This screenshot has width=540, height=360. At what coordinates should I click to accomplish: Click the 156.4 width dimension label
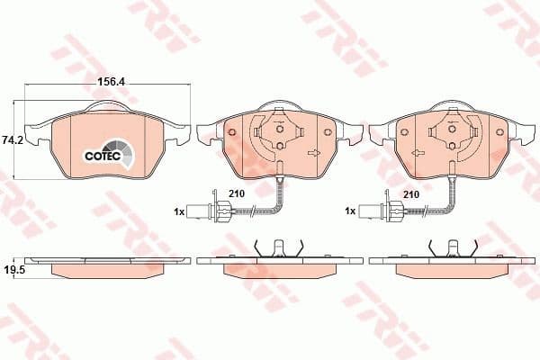(x=110, y=80)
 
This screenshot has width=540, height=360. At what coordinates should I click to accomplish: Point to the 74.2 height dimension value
(x=12, y=140)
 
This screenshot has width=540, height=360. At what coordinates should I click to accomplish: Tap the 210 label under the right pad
(x=411, y=193)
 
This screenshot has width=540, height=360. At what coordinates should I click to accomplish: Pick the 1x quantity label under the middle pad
(x=179, y=211)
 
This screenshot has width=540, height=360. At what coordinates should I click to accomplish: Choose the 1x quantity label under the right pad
(x=352, y=211)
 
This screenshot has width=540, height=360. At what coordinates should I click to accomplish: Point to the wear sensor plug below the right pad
(x=387, y=212)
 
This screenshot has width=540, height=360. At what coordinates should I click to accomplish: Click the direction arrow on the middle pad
(x=314, y=154)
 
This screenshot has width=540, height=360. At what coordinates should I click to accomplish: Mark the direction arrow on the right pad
(x=487, y=154)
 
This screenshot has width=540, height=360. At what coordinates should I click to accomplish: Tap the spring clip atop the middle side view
(x=279, y=247)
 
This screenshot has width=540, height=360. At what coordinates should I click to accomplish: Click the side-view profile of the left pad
(x=106, y=265)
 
